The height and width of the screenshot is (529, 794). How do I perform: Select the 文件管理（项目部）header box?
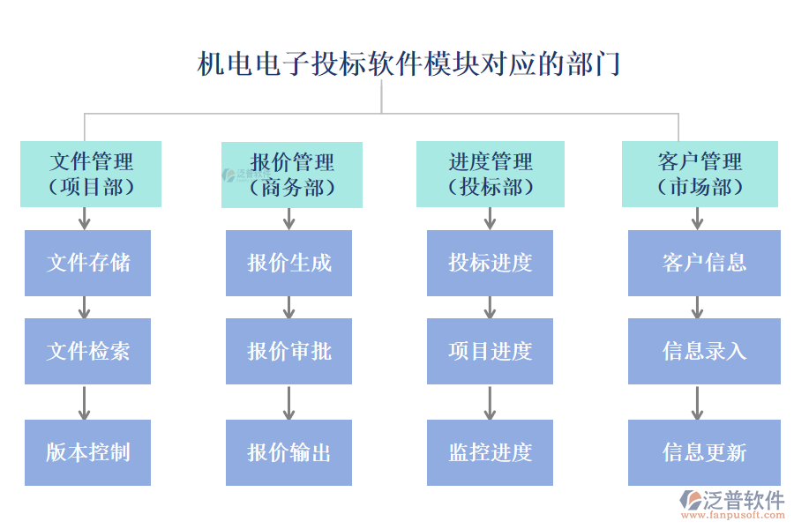91,174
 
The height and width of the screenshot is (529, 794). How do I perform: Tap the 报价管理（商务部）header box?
292,175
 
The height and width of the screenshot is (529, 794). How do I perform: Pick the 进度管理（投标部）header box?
491,174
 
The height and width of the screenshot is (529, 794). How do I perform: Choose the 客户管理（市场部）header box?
700,174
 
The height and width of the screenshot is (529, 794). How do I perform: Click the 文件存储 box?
87,263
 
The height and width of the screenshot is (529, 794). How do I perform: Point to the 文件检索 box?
87,351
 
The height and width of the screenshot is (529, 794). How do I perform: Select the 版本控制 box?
87,452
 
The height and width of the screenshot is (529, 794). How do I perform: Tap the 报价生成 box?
288,263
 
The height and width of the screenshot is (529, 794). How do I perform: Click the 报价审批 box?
288,351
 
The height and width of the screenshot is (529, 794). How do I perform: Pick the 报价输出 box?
288,452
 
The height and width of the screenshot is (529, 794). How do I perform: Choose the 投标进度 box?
490,263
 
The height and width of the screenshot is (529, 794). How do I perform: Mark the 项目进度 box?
490,351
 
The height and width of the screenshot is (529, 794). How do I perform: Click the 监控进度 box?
490,452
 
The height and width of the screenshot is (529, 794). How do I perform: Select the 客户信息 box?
704,263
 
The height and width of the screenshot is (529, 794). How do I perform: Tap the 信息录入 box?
704,351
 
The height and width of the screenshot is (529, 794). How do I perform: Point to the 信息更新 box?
704,452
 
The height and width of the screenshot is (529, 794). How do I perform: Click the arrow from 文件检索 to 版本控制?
84,402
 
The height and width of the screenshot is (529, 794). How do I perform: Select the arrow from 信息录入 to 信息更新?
697,402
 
